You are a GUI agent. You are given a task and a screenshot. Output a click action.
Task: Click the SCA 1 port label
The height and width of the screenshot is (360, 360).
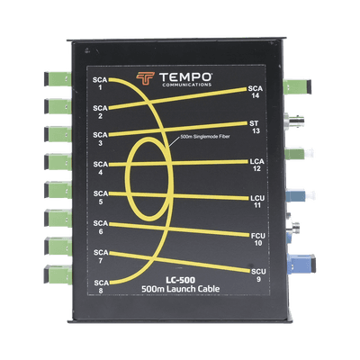[x=100, y=84]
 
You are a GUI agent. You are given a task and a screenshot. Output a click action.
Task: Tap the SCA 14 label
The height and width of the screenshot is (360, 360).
[x=256, y=92]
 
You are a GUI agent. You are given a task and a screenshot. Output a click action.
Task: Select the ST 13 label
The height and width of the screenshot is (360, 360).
[x=254, y=127]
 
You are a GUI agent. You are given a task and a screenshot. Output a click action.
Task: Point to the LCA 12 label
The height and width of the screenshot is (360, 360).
[x=256, y=165]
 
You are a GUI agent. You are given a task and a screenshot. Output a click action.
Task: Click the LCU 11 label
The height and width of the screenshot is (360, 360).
[x=257, y=202]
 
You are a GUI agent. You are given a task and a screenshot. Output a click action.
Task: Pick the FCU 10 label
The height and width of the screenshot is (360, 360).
[x=258, y=239]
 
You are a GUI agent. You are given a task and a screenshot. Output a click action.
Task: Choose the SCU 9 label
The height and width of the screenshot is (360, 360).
[x=258, y=275]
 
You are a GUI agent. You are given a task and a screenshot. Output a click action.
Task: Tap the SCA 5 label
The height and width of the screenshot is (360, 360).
[x=101, y=197]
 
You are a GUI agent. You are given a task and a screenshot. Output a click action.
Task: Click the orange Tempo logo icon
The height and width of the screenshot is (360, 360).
[x=145, y=78]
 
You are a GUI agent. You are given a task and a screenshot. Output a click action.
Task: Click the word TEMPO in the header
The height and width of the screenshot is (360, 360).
[x=186, y=77]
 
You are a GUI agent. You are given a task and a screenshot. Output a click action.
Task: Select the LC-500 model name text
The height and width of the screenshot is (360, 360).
[x=181, y=280]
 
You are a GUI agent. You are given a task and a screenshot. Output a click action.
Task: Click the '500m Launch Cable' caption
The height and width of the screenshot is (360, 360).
[x=180, y=289]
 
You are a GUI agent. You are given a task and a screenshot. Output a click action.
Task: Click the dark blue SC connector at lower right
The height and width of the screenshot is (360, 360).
[x=301, y=264]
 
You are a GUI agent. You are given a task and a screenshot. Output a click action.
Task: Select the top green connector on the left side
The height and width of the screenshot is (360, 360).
[x=58, y=79]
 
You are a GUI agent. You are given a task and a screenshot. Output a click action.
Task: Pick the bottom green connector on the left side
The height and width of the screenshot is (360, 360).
[x=58, y=274]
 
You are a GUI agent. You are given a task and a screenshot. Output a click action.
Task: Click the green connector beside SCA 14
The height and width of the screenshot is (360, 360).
[x=297, y=86]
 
